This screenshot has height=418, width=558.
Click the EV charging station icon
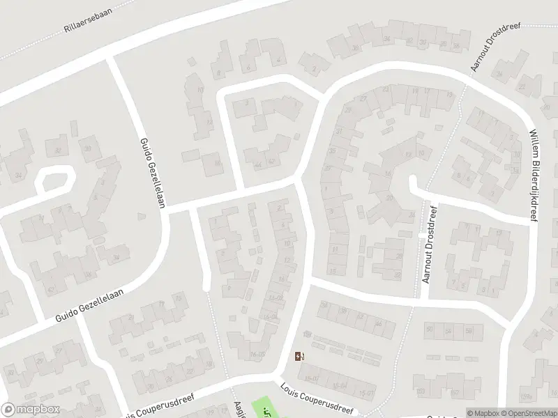[299, 357]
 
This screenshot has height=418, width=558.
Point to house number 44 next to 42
[258, 164]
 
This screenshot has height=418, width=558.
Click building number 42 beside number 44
[271, 162]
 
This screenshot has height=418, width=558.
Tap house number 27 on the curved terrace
[364, 99]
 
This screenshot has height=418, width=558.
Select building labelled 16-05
[257, 355]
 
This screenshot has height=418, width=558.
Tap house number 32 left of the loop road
[58, 150]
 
